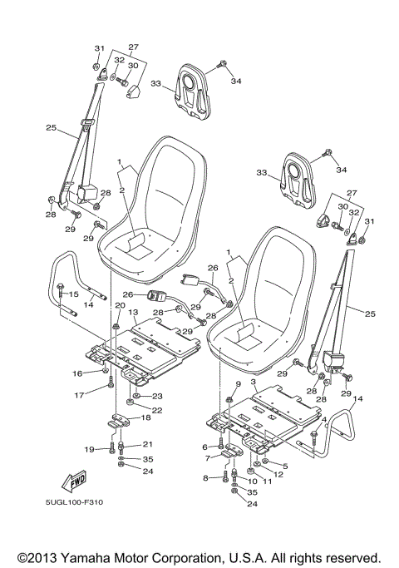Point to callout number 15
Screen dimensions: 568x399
pos(73,294)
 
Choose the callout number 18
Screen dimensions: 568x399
pos(145,417)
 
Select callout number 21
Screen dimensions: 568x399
pos(149,444)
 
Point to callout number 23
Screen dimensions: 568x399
pos(155,396)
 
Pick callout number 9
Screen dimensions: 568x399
pos(238,383)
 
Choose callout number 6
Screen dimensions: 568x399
pos(205,447)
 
